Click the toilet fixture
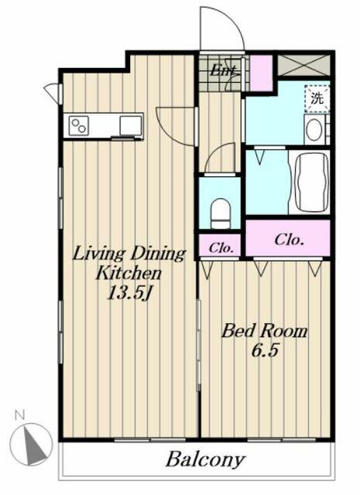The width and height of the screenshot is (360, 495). [x=221, y=213]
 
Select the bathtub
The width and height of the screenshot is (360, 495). [x=310, y=182]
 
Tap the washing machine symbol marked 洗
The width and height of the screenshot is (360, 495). [x=317, y=98]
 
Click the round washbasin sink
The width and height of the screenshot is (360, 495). [x=314, y=130]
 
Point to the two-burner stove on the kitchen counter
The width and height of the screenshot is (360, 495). [x=79, y=125]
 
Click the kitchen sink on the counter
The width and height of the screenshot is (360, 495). [x=131, y=125]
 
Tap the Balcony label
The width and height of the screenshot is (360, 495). [x=205, y=459]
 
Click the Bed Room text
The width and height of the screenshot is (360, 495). [x=264, y=331]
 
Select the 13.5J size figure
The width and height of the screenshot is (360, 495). [x=129, y=293]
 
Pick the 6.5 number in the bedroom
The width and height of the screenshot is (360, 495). [x=265, y=350]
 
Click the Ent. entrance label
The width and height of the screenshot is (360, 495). [x=224, y=70]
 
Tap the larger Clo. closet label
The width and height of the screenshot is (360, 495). [x=289, y=240]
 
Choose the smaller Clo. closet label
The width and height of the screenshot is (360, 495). [x=221, y=247]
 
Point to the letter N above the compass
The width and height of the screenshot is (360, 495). [x=19, y=415]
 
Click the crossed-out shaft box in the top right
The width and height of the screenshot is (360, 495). [x=303, y=65]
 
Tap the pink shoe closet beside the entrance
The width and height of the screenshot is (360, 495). [x=261, y=73]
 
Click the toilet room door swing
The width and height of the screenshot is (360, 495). [x=220, y=158]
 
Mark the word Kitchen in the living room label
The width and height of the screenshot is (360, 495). [x=129, y=273]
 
